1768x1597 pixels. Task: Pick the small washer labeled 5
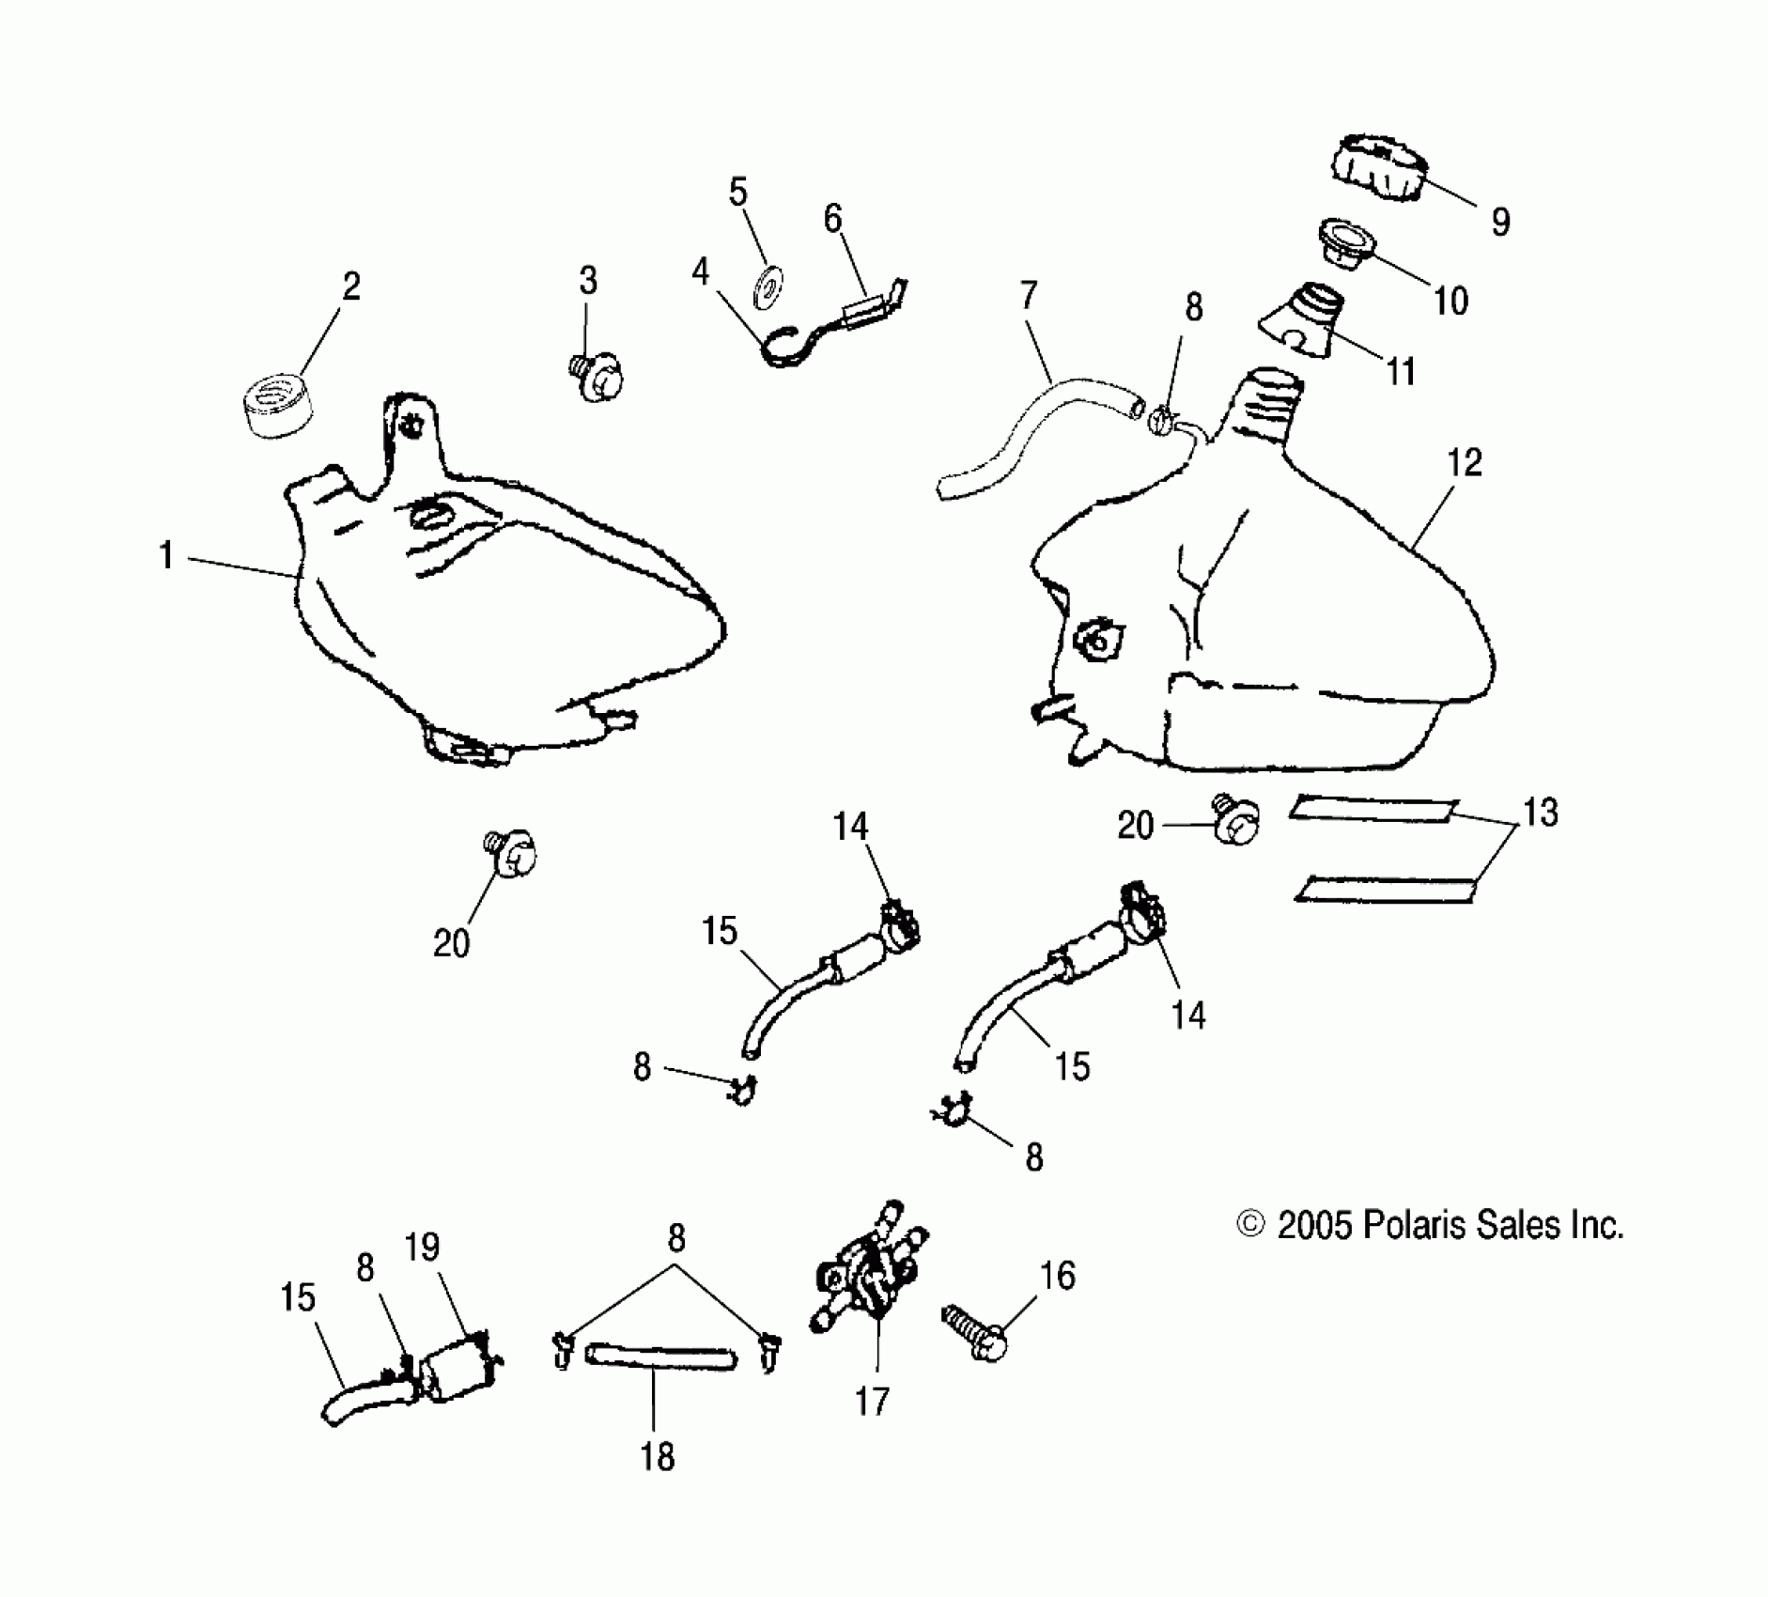[x=769, y=285]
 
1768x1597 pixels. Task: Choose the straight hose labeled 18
[x=659, y=1358]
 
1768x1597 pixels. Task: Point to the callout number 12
[x=1465, y=463]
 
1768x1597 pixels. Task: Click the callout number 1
[x=166, y=556]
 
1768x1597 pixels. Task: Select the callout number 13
[x=1540, y=813]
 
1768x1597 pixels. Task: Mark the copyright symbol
[x=1249, y=1226]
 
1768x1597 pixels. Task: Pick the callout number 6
[x=832, y=218]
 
